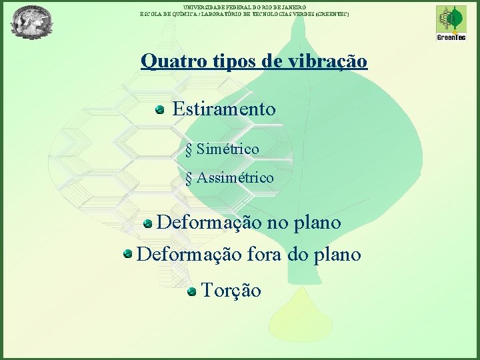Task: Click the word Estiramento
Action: click(223, 109)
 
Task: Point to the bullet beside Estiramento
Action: click(160, 109)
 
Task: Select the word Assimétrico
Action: click(235, 178)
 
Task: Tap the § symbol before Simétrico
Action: click(189, 149)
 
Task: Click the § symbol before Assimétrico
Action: click(189, 179)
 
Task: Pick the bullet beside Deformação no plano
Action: click(148, 223)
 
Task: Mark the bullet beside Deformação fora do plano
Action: click(127, 254)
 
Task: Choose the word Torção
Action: click(231, 290)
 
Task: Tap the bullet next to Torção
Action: click(191, 291)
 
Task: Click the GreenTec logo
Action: click(451, 23)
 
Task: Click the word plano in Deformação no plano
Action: click(317, 222)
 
